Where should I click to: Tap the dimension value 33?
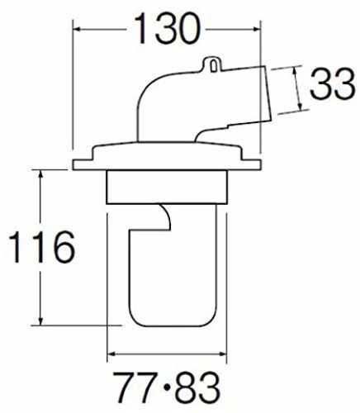pos(333,84)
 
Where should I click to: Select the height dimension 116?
pos(42,247)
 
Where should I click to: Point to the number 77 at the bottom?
pos(133,387)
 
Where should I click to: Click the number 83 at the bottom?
pos(198,387)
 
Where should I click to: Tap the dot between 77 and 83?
pos(167,387)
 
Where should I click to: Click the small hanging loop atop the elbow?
pos(212,64)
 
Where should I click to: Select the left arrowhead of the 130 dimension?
pos(77,29)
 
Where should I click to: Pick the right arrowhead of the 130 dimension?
pos(257,29)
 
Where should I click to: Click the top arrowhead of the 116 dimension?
pos(40,173)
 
